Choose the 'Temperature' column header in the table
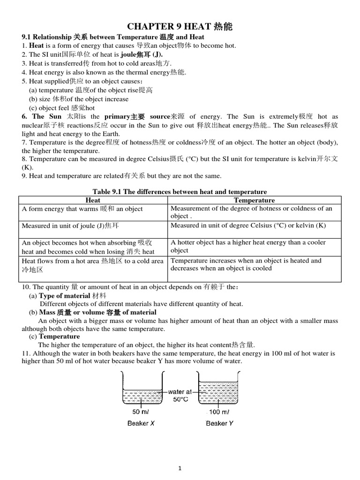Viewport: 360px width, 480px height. point(254,200)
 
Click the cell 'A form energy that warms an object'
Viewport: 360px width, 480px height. point(82,209)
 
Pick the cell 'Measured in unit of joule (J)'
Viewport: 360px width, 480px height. point(70,226)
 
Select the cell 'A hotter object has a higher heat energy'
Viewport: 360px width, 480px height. point(248,246)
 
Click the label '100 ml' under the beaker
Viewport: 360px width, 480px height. point(218,412)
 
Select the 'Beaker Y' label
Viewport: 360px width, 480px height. point(219,423)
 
